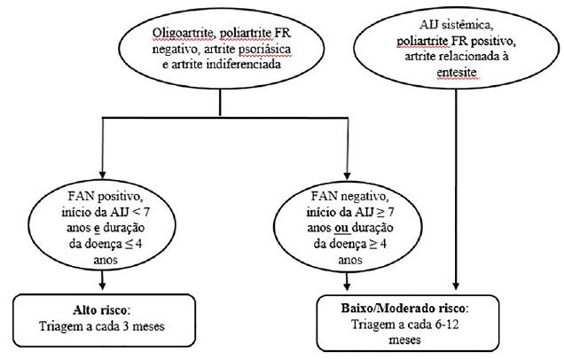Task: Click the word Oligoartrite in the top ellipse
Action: (x=184, y=33)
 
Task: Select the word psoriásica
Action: (x=264, y=50)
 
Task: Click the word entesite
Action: (x=457, y=73)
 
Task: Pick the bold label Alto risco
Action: (x=100, y=310)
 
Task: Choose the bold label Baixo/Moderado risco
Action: (x=403, y=309)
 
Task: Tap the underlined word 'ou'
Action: (x=341, y=228)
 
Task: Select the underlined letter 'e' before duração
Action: (x=97, y=229)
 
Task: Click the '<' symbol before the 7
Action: (x=137, y=212)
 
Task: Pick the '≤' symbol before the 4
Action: (x=129, y=245)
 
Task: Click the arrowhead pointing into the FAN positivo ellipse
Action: (x=102, y=175)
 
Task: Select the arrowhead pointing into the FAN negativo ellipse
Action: (x=347, y=176)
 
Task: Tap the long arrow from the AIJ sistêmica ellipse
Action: (x=456, y=189)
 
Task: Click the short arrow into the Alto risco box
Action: (x=102, y=280)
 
